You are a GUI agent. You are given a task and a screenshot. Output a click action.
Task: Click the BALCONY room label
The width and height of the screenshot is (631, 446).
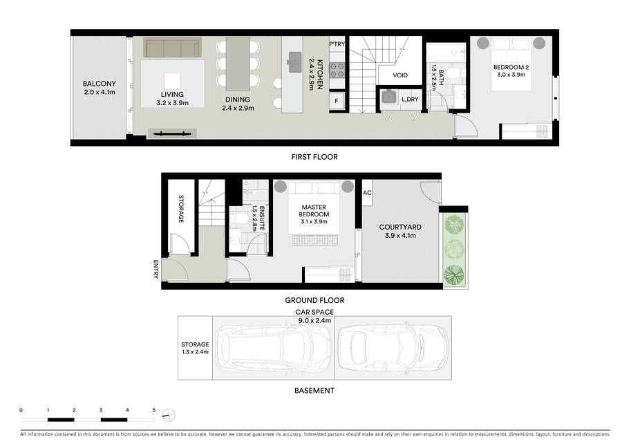click(99, 84)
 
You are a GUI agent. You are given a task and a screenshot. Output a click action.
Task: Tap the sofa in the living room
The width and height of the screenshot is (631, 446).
click(173, 48)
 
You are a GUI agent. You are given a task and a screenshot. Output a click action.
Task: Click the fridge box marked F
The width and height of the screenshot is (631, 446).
click(337, 101)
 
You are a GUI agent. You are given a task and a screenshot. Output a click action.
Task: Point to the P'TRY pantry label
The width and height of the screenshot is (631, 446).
click(337, 44)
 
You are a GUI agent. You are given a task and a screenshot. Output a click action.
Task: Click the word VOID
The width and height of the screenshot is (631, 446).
click(400, 75)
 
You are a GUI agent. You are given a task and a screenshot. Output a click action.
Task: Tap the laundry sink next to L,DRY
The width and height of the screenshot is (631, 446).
click(388, 97)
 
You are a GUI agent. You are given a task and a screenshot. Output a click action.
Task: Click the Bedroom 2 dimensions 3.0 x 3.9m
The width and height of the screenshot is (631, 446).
click(511, 75)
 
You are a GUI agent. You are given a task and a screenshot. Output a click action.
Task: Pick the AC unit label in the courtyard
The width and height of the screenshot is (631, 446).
click(367, 193)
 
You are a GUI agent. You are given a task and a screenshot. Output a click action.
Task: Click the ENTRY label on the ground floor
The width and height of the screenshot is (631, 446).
click(156, 269)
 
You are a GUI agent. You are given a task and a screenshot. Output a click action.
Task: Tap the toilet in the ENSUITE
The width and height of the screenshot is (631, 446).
click(240, 219)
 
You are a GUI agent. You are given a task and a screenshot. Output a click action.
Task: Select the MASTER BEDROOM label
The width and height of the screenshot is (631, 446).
click(314, 211)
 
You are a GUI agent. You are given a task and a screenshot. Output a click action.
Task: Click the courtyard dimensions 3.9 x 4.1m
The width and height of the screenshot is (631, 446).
click(400, 236)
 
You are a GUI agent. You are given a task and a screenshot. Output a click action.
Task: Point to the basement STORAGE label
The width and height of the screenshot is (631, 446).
click(195, 344)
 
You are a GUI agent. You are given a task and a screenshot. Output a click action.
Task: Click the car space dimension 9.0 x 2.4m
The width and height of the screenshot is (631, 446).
click(314, 320)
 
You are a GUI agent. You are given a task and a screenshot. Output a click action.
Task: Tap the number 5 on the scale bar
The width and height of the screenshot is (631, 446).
click(153, 410)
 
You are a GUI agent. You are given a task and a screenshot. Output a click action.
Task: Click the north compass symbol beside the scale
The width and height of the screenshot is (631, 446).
click(169, 415)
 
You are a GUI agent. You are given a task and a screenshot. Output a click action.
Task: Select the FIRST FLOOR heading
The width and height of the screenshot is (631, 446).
click(314, 157)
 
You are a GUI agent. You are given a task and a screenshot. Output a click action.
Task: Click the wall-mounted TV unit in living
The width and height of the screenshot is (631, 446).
click(172, 133)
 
